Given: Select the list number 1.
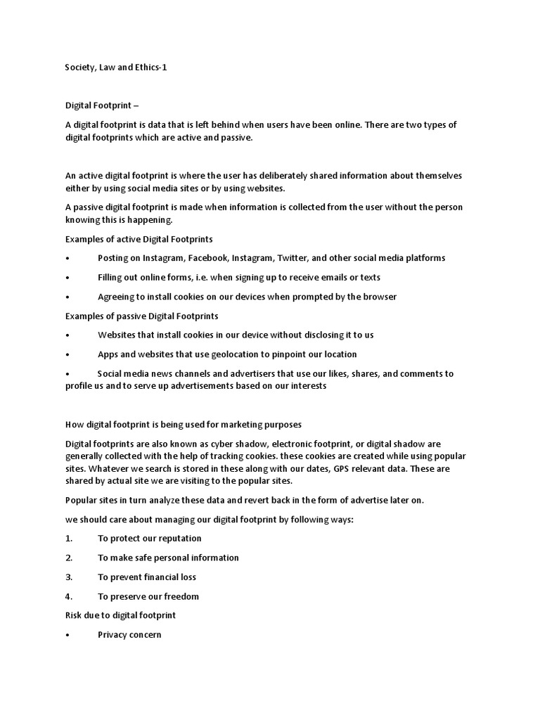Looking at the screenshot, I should click(69, 539).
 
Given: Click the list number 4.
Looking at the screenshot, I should click(69, 597).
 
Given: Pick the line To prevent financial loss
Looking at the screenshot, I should click(147, 577).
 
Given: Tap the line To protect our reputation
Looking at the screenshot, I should click(149, 539).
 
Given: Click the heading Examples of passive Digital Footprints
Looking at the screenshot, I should click(141, 316).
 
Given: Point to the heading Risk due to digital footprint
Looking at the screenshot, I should click(120, 615).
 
